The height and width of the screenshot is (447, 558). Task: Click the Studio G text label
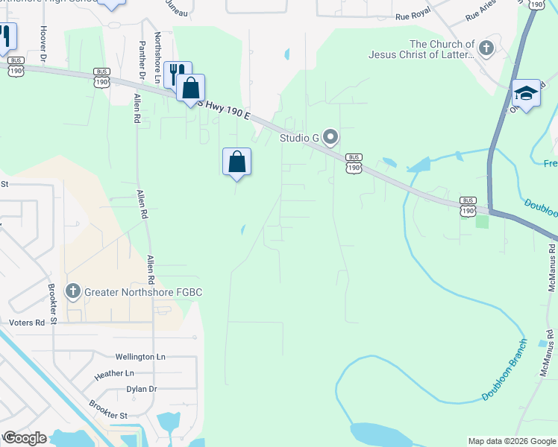299,138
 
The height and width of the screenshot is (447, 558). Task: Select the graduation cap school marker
526,93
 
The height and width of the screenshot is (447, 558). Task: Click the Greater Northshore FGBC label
142,291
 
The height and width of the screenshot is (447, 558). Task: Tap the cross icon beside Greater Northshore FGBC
72,290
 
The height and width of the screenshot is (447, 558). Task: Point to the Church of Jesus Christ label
421,49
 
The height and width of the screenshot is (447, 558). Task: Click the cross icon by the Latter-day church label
486,49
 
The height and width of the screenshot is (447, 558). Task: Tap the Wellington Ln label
140,357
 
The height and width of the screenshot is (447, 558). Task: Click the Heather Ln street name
114,373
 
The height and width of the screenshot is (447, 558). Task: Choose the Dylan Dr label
141,389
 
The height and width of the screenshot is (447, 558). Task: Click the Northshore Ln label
157,57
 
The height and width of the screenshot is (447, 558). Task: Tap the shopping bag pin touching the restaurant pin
191,88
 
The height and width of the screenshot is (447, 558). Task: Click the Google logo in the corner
25,438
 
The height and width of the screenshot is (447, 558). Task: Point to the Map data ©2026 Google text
512,441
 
